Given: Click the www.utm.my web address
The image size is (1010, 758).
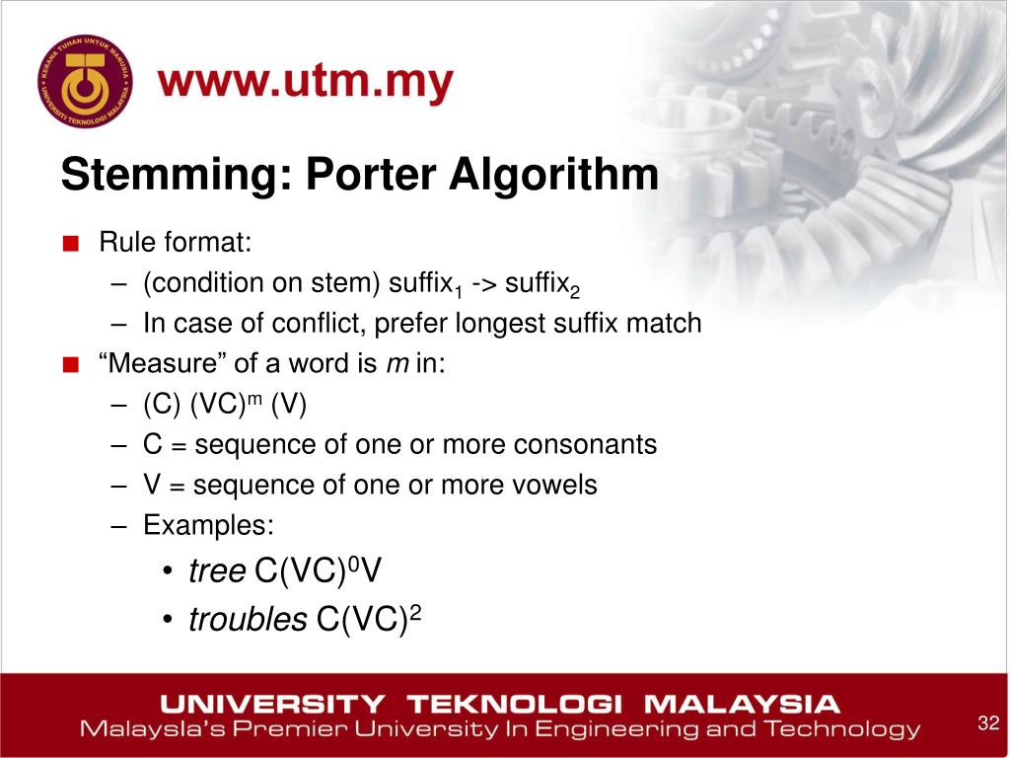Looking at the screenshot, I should [306, 85].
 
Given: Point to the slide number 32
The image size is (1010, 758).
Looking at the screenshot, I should [987, 722].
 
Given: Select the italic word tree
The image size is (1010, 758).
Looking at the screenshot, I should [217, 571].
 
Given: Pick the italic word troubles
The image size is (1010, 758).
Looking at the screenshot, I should [248, 620].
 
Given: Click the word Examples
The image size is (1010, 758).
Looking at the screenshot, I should [208, 526].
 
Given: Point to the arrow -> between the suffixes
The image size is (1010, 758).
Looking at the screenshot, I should [483, 284].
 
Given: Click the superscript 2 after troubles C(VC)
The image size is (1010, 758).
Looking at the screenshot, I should [415, 613].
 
